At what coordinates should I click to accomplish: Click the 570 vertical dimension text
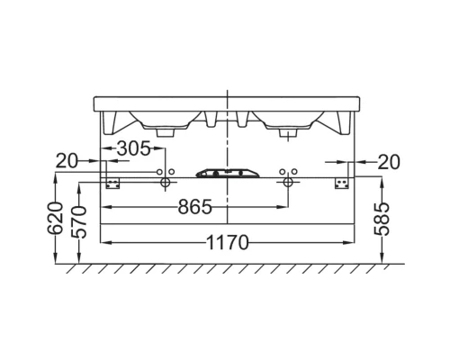click(x=79, y=222)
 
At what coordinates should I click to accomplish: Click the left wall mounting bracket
click(x=113, y=182)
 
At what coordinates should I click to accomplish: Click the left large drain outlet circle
click(x=165, y=183)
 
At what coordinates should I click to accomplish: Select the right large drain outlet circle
click(x=287, y=183)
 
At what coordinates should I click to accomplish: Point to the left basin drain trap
click(x=165, y=131)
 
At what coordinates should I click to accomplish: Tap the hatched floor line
click(x=225, y=270)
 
